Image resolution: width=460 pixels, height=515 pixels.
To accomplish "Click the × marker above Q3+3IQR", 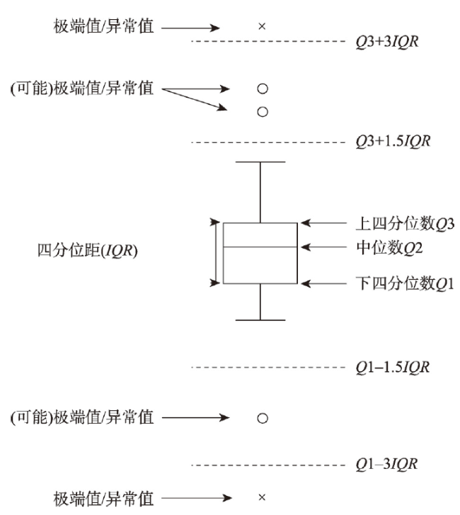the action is click(x=262, y=26).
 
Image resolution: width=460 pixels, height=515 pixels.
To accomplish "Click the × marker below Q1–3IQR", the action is click(x=262, y=497).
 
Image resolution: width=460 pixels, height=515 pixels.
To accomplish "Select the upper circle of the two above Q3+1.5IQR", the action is click(x=263, y=89).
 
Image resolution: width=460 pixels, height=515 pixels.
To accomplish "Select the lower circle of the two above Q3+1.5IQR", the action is click(x=263, y=112).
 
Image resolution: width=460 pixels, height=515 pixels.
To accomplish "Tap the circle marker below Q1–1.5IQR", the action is click(x=263, y=418).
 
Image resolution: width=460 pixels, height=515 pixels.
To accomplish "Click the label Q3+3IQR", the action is click(x=387, y=42).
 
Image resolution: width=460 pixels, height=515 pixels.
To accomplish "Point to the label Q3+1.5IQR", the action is click(x=393, y=141).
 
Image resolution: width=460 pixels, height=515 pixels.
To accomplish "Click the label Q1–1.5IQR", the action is click(x=393, y=367).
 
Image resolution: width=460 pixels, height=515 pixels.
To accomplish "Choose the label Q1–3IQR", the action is click(x=387, y=464).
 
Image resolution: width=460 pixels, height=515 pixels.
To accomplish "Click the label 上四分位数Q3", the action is click(x=406, y=224).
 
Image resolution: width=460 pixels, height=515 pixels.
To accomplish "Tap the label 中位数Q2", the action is click(x=389, y=248).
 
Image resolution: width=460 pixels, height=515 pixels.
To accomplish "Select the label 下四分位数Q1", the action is click(x=406, y=283).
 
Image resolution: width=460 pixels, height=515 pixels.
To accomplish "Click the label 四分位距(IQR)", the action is click(x=88, y=251).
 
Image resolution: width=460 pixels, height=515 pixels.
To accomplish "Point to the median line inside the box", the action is click(x=260, y=247).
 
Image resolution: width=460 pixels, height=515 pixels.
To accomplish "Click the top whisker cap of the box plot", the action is click(x=260, y=162).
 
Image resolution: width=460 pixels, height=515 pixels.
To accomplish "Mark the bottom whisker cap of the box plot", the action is click(x=260, y=320).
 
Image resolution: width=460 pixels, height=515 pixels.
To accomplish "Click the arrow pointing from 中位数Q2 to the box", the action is click(x=323, y=247).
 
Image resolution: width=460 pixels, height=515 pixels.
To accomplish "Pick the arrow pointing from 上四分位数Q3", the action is click(x=323, y=223).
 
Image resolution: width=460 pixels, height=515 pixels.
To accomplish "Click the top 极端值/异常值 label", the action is click(x=104, y=26).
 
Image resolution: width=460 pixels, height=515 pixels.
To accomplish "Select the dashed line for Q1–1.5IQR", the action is click(x=268, y=367).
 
